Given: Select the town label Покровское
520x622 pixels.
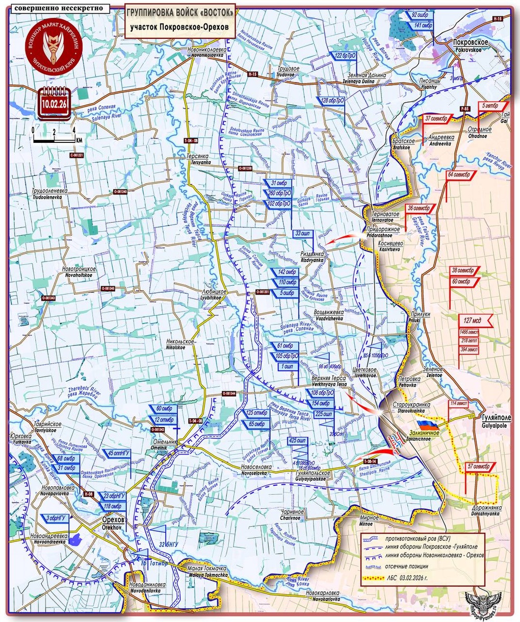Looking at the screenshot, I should tap(472, 42).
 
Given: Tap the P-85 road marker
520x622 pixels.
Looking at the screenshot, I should tap(464, 109).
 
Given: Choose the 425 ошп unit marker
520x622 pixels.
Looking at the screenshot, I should tap(298, 440).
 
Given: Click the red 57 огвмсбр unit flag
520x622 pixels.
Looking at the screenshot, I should tap(478, 466).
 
